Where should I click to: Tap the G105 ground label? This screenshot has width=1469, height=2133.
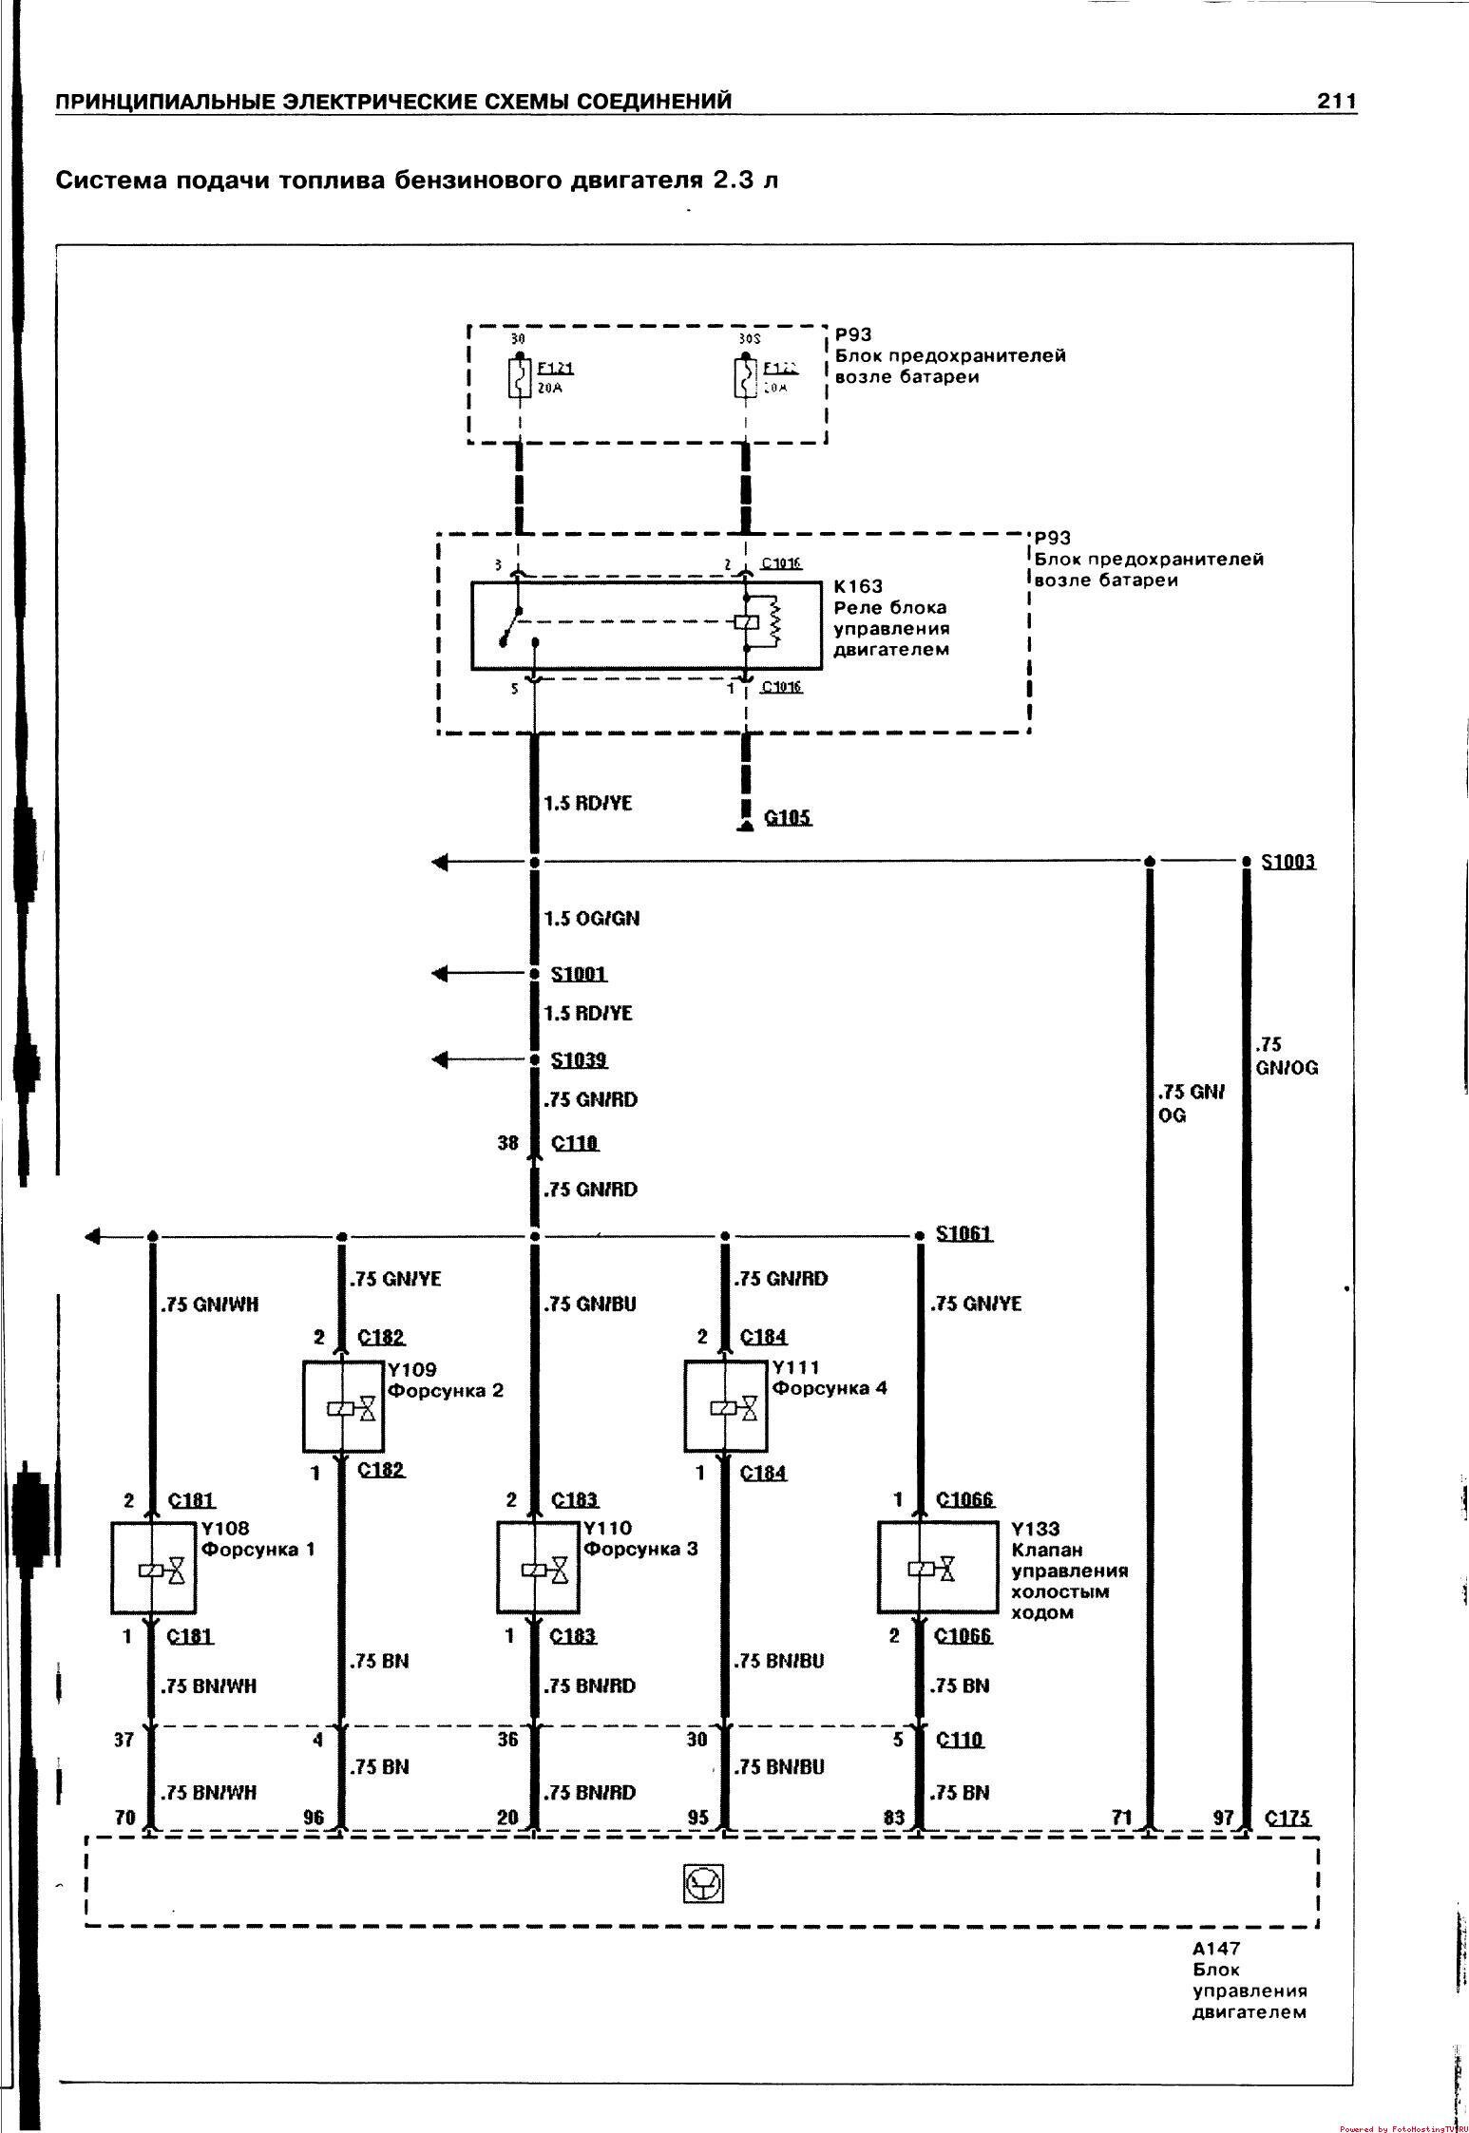[788, 817]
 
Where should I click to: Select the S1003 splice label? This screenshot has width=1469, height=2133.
[1288, 862]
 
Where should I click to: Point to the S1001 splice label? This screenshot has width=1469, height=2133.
[579, 974]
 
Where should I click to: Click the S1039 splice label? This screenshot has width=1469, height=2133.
[579, 1059]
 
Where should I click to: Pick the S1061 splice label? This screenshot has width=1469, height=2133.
[963, 1233]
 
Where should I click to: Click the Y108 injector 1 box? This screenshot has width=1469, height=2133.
[154, 1568]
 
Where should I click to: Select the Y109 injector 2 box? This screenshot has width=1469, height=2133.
[343, 1406]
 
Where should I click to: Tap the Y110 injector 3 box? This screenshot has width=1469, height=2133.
[538, 1568]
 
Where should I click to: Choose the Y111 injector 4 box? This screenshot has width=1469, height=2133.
[725, 1406]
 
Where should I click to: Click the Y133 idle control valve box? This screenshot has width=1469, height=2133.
[937, 1568]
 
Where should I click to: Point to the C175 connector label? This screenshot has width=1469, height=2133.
[1288, 1818]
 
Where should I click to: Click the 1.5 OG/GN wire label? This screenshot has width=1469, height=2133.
[591, 919]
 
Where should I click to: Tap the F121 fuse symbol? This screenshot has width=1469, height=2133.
[519, 377]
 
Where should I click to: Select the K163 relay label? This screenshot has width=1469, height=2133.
[859, 586]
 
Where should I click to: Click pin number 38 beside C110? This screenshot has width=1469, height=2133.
[508, 1143]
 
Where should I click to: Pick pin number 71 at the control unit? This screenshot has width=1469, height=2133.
[1122, 1818]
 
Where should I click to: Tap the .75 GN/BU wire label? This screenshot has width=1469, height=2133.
[589, 1305]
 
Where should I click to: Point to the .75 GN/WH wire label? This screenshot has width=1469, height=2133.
[209, 1305]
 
